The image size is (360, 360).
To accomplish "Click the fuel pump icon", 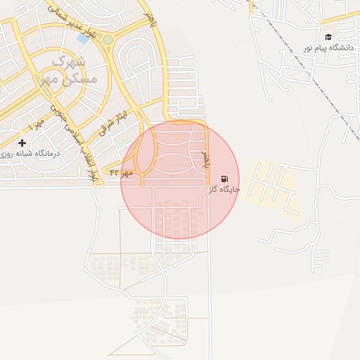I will click(x=224, y=179).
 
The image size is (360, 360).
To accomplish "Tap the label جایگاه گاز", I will click(x=224, y=190).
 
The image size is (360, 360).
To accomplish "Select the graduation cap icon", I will click(x=328, y=37).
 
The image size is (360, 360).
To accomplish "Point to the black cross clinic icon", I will click(x=22, y=143).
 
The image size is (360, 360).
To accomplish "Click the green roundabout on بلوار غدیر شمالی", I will click(x=108, y=40).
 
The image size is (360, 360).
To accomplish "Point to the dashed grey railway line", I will click(x=309, y=70).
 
